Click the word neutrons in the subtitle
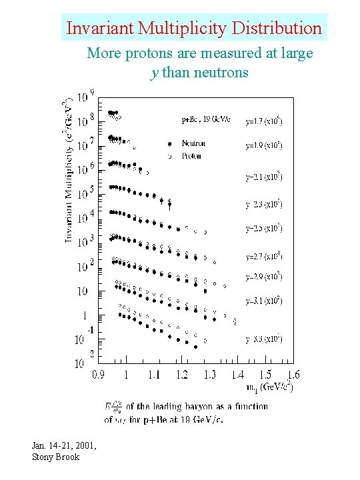click(219, 71)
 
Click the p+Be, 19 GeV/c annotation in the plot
click(205, 121)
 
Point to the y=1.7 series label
click(264, 122)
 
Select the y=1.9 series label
click(264, 145)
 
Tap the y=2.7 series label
click(264, 255)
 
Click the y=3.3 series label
click(264, 338)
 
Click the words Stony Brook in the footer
click(55, 457)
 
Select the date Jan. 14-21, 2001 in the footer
click(64, 445)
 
